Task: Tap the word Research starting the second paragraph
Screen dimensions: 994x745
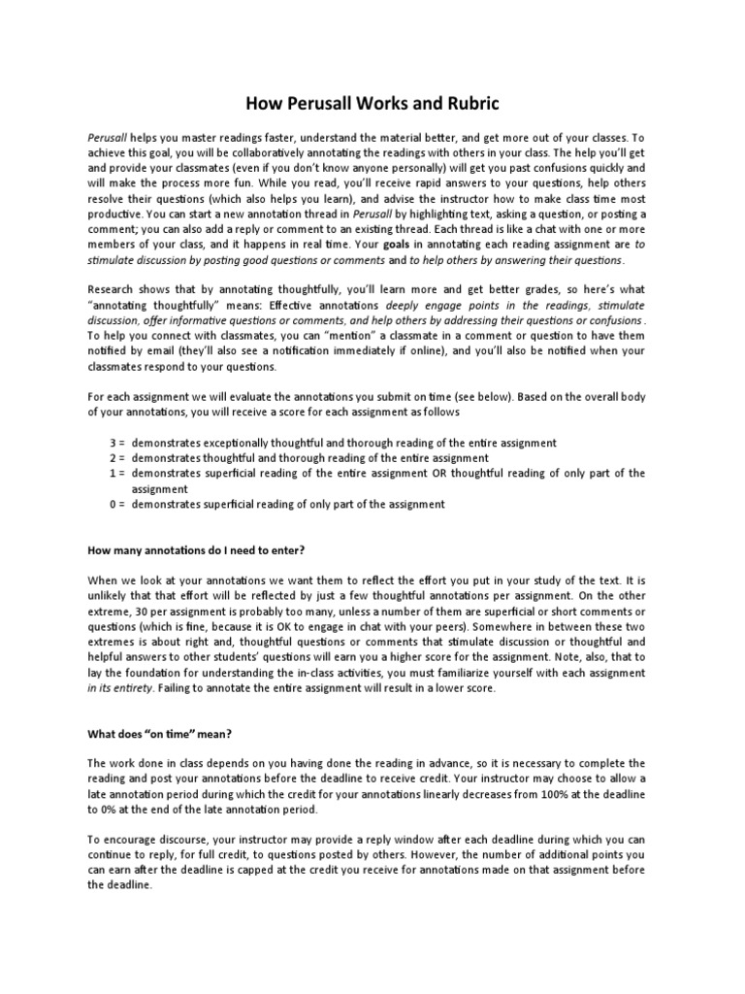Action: (x=113, y=290)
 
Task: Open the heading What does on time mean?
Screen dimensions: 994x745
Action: (x=149, y=735)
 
